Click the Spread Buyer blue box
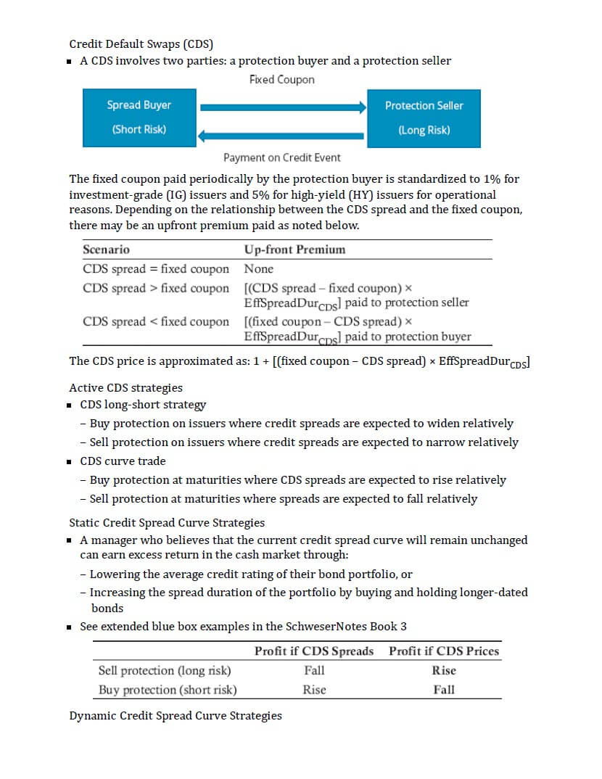coord(139,118)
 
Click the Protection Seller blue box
coord(424,118)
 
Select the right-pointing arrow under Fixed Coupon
coord(284,107)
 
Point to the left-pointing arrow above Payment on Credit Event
coord(284,135)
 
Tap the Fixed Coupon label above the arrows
coord(281,79)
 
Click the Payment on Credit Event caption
coord(281,157)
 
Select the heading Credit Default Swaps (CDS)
coord(141,44)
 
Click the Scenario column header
coord(106,250)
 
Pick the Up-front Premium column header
coord(294,250)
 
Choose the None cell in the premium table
coord(259,268)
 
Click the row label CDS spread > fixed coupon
coord(156,288)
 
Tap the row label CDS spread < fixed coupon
coord(156,321)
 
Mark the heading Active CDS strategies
coord(125,387)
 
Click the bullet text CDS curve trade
coord(123,461)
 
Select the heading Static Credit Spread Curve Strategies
coord(167,522)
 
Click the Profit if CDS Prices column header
coord(444,651)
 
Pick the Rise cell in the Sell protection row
coord(444,670)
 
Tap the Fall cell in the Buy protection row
coord(444,690)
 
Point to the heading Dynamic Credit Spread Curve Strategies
coord(176,716)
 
